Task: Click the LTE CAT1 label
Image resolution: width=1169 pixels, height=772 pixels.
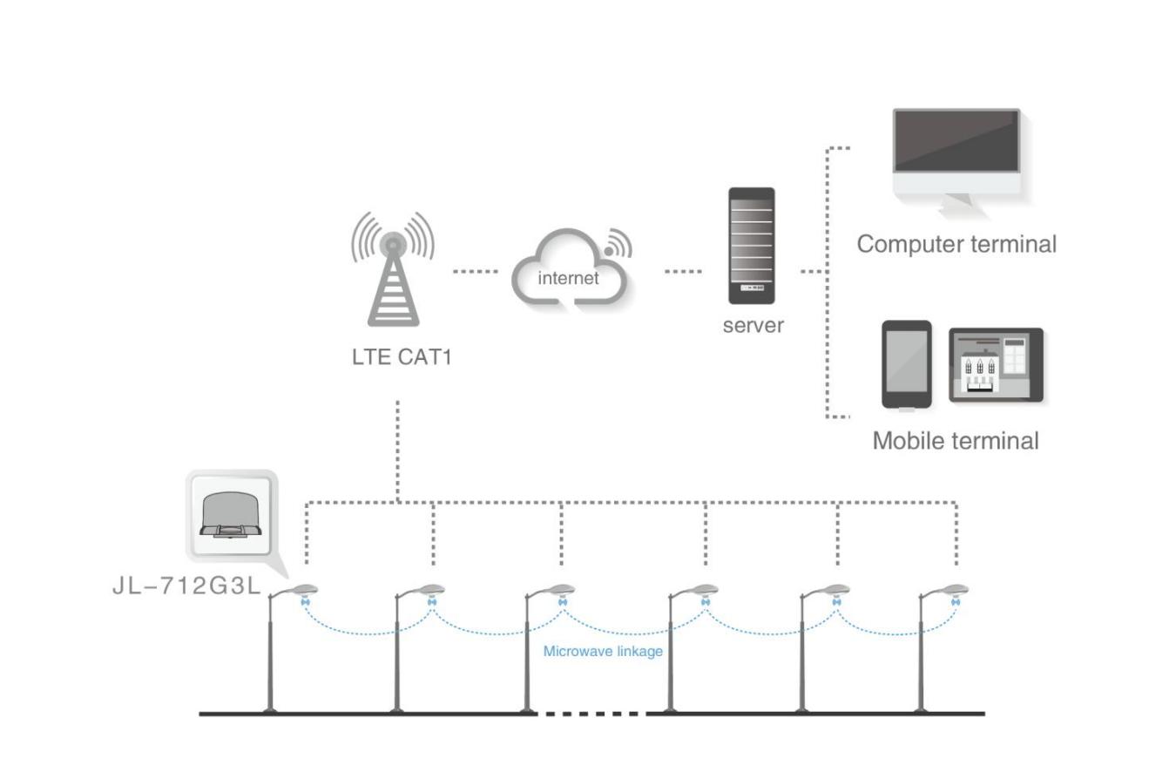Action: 402,357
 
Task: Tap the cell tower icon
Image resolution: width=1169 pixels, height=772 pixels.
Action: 393,270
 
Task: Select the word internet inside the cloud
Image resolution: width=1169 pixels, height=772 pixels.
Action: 568,279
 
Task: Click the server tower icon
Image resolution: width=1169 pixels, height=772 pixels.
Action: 751,246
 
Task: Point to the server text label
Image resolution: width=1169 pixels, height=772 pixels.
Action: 753,326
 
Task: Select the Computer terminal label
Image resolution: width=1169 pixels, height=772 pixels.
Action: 956,244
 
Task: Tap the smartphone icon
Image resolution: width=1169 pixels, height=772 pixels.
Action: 906,363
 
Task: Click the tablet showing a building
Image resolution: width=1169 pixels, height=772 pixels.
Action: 996,365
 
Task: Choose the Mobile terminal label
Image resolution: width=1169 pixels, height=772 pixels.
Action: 956,441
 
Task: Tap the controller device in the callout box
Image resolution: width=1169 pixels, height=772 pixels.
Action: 230,515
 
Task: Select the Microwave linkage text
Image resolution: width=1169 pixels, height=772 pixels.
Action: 603,651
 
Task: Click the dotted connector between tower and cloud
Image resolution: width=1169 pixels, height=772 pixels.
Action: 475,272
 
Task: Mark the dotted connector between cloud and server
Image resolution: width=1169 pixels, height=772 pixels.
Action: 683,272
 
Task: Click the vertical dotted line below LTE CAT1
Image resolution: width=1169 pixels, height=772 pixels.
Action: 398,449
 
